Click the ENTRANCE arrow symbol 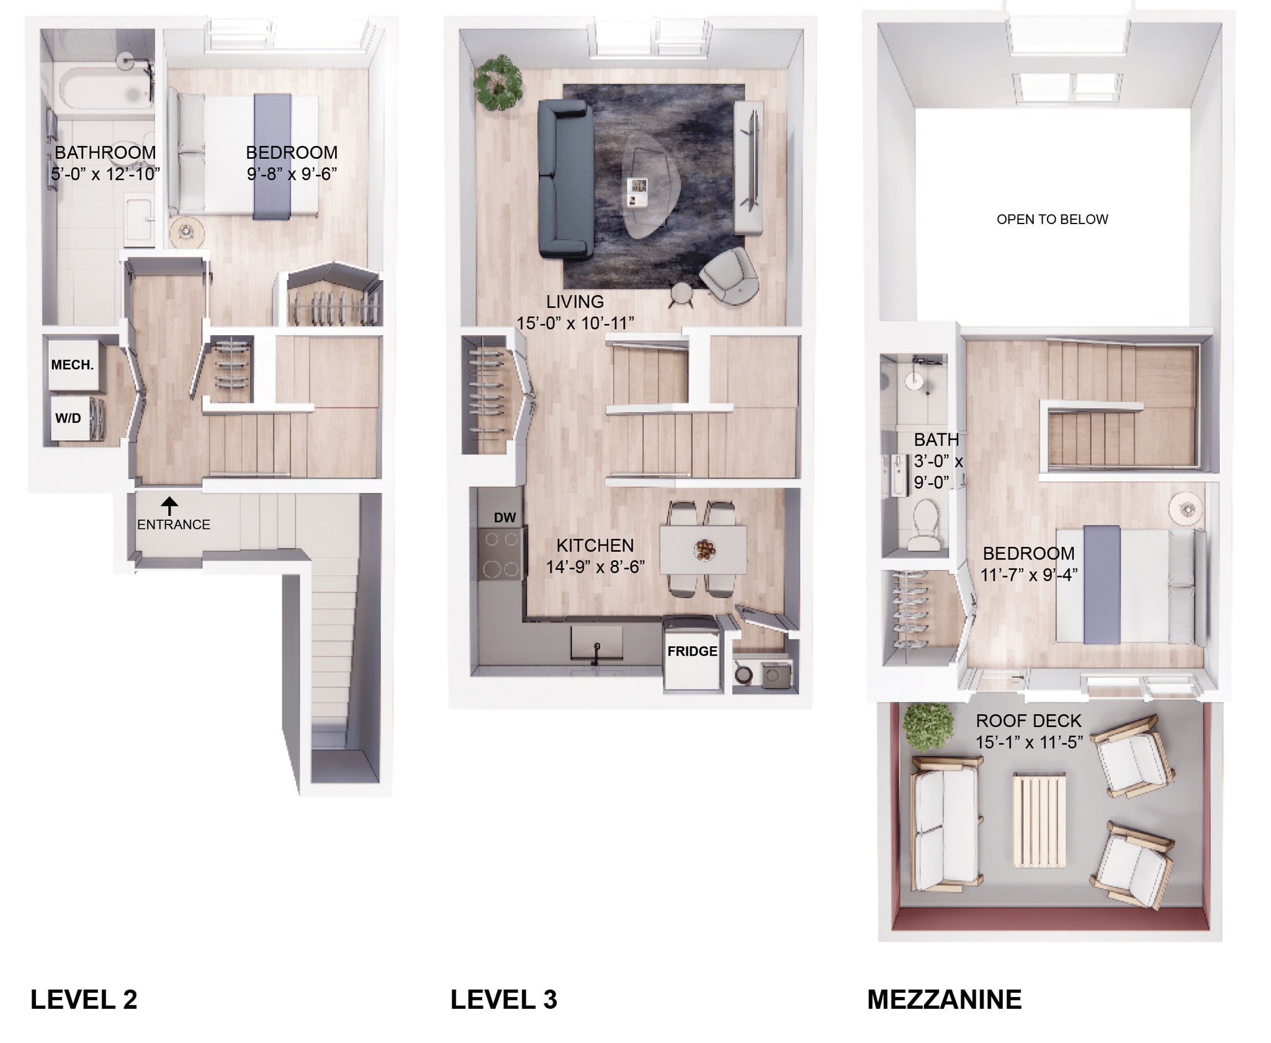pos(169,505)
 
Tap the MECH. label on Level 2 pos(72,365)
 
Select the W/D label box pos(68,418)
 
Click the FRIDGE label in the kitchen pos(692,651)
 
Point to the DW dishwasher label pos(505,518)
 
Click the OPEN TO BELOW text pos(1052,219)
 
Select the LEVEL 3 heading pos(503,1000)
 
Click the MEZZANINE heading pos(944,1000)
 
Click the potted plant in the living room pos(497,83)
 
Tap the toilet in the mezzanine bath pos(928,523)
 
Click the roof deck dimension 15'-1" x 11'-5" pos(1028,742)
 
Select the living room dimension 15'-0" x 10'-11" pos(575,323)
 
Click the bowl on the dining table pos(705,549)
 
